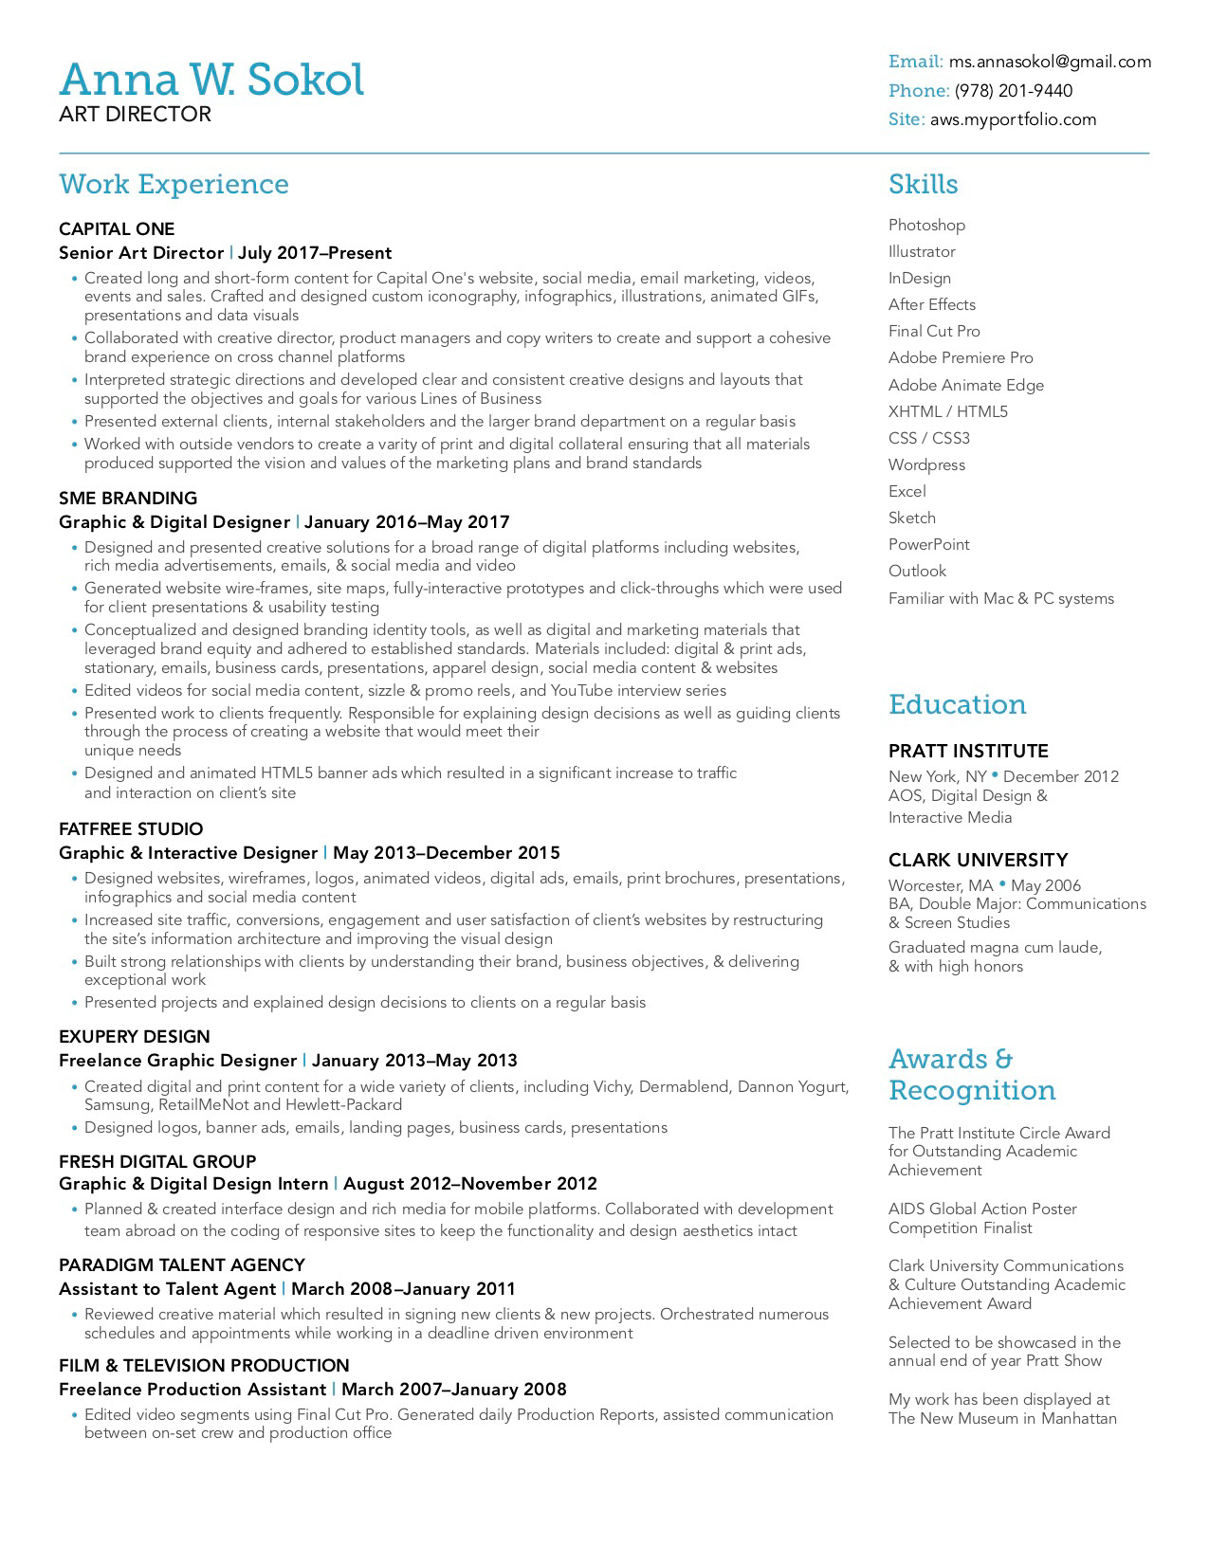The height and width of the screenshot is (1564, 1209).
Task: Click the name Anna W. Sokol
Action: tap(211, 80)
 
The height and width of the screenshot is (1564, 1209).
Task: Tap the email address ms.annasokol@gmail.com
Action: tap(1050, 62)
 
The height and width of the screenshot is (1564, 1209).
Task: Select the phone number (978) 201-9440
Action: tap(1014, 91)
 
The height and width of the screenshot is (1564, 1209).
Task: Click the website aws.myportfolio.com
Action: tap(1013, 119)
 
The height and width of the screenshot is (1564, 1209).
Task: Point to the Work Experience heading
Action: tap(174, 184)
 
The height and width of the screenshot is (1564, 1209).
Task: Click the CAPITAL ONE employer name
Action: tap(117, 229)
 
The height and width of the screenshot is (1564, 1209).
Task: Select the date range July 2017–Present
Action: tap(315, 253)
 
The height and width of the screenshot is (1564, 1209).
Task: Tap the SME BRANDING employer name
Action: tap(128, 499)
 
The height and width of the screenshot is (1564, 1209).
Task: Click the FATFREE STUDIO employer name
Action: tap(131, 829)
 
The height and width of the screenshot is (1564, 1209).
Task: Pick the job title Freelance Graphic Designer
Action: tap(177, 1061)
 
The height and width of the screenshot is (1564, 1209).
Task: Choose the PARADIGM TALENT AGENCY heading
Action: tap(182, 1265)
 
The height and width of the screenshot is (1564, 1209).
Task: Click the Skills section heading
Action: tap(923, 184)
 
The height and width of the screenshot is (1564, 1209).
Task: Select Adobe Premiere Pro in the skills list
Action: tap(961, 358)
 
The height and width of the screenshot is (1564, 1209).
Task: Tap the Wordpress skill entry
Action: tap(926, 465)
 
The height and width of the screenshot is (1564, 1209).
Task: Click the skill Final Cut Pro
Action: tap(934, 332)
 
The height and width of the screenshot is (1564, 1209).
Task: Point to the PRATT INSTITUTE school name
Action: tap(968, 752)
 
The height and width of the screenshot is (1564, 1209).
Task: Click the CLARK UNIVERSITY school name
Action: tap(978, 861)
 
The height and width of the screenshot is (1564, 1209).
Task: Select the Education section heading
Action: tap(957, 704)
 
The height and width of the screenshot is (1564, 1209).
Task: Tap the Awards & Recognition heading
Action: tap(972, 1075)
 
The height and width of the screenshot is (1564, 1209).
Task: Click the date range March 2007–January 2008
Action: tap(453, 1390)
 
